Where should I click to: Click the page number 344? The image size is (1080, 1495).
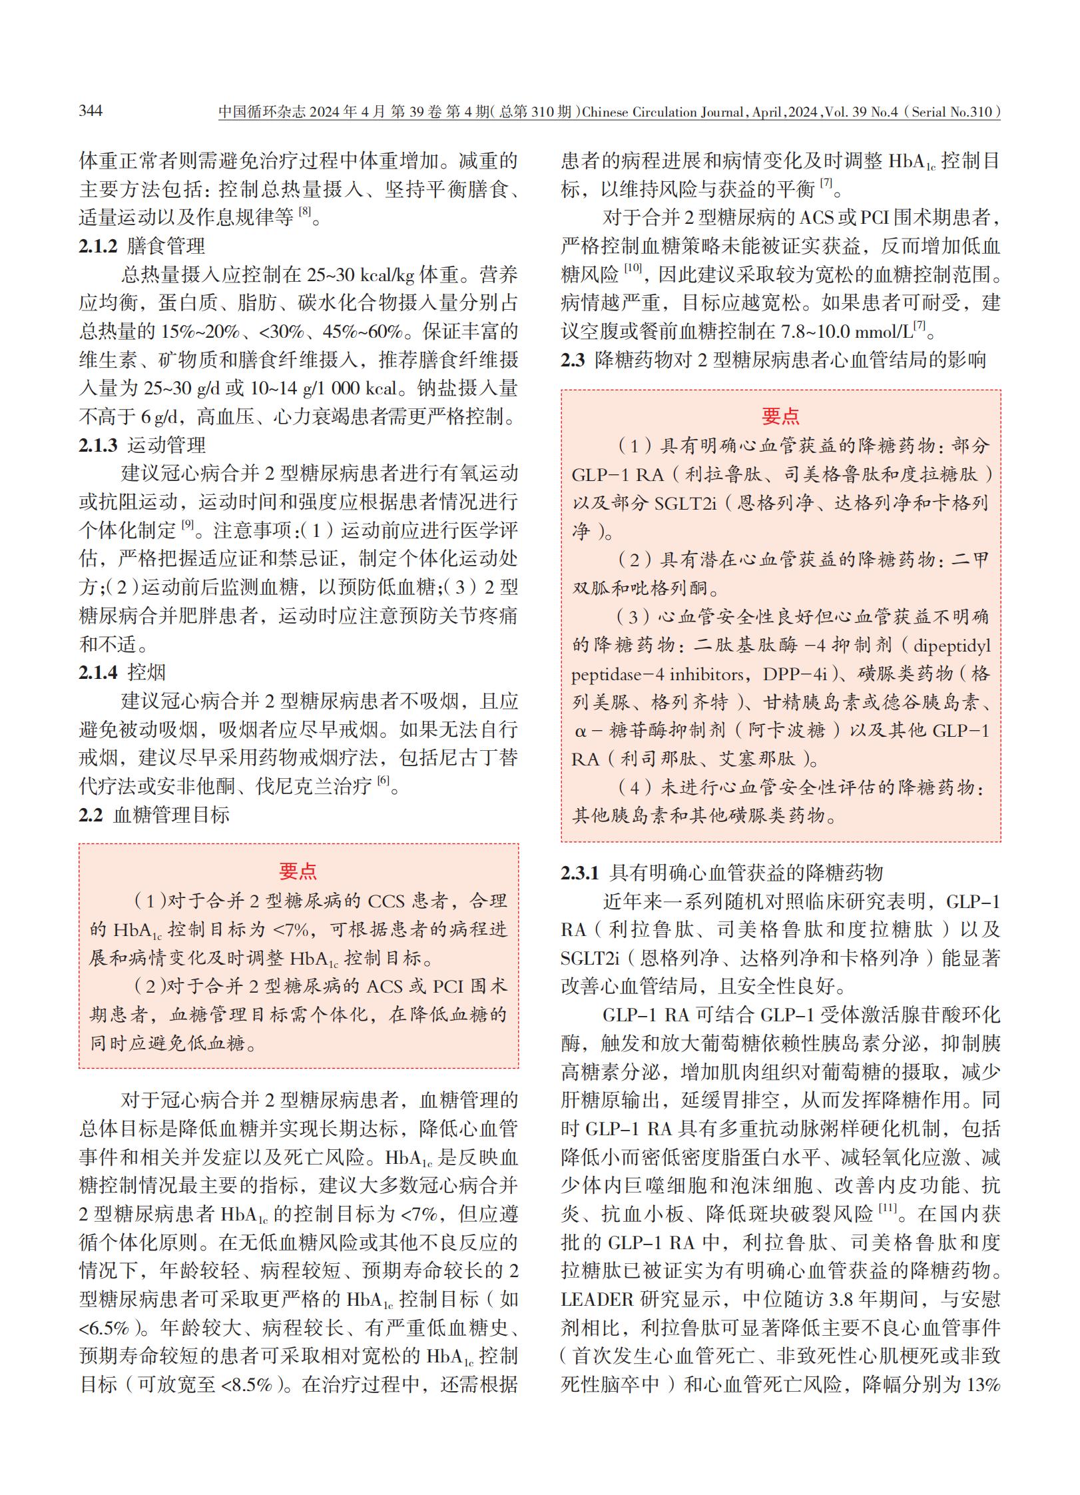91,111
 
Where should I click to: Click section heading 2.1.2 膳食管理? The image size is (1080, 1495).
142,246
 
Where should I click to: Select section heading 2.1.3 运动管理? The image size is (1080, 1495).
142,445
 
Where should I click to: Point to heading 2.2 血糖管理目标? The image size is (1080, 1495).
154,814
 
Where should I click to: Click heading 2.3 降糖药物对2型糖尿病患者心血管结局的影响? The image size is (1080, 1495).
773,360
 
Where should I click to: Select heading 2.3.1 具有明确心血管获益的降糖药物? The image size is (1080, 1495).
722,873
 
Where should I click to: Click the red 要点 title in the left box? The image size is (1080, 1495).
298,871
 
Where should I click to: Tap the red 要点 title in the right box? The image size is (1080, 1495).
780,416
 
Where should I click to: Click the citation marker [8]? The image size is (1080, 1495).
304,212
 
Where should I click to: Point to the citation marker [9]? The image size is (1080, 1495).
188,525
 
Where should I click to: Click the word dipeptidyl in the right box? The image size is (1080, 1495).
951,646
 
